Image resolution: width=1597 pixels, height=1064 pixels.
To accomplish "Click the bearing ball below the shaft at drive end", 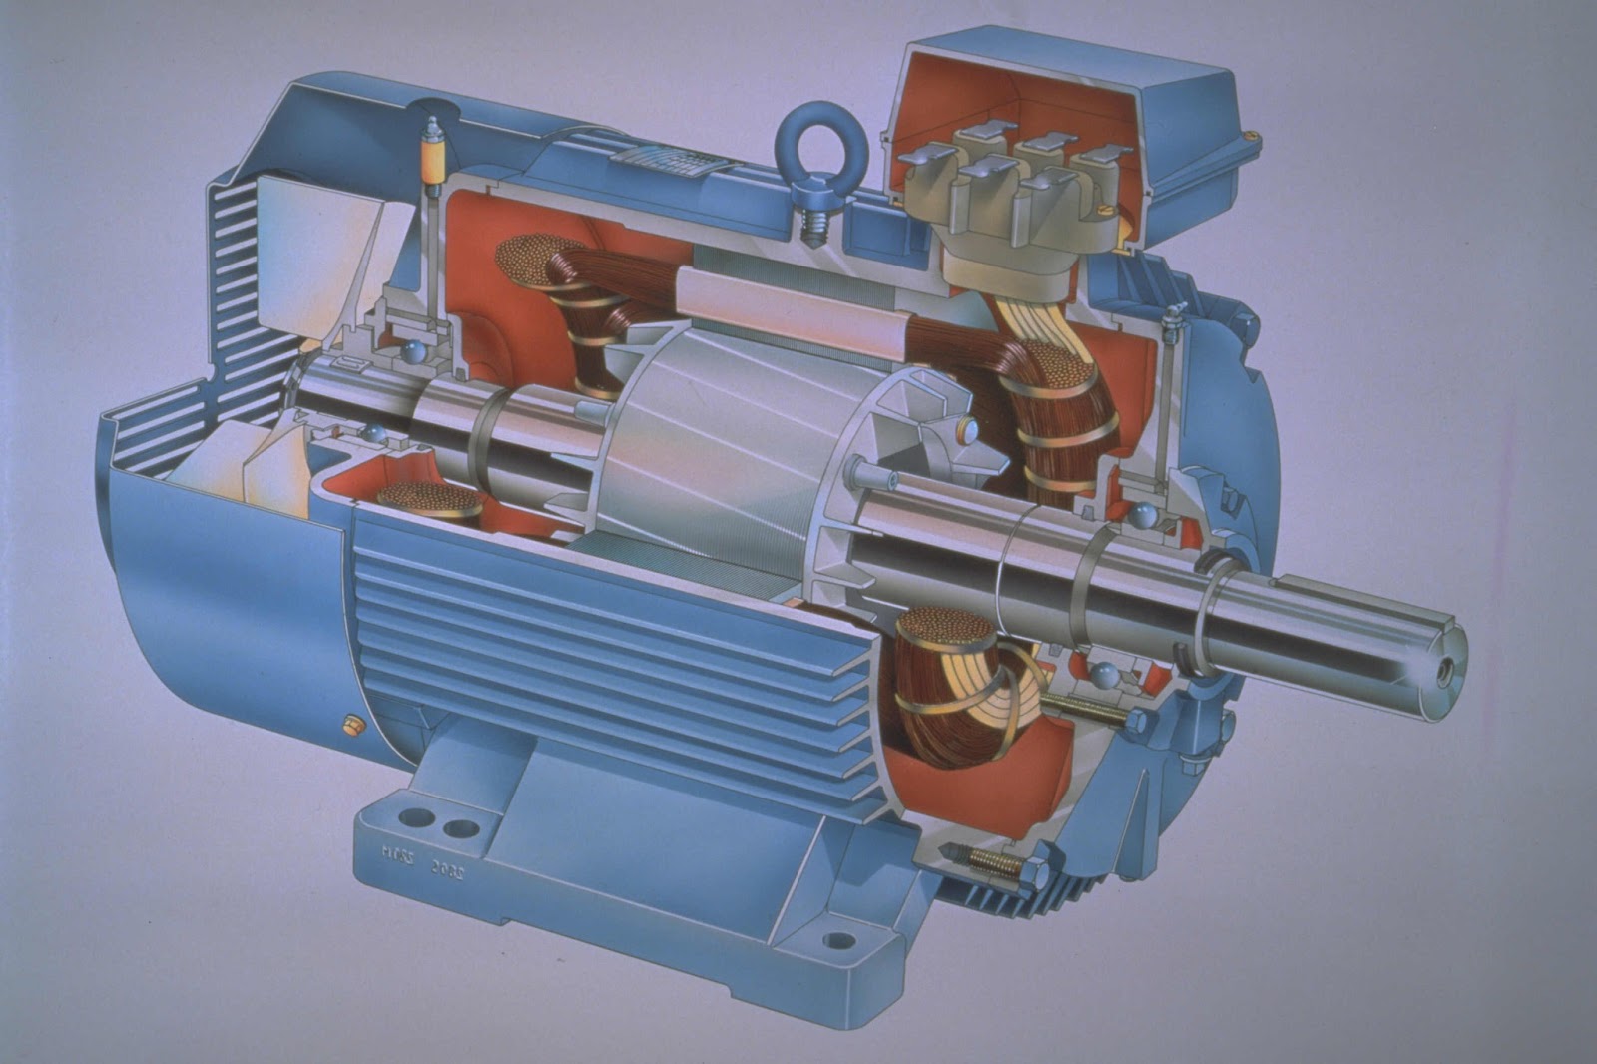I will click(1103, 676).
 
